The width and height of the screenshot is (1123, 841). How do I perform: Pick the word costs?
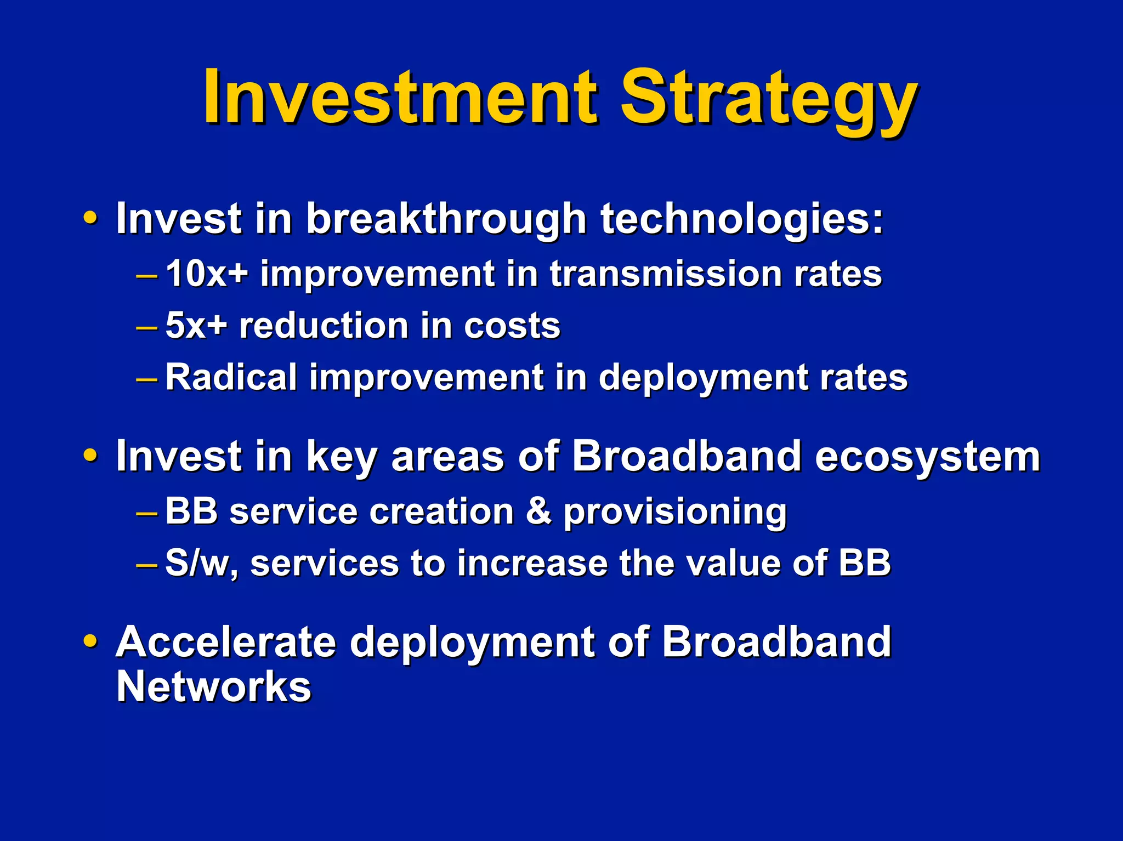[512, 326]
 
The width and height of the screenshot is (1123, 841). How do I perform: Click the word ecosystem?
[927, 457]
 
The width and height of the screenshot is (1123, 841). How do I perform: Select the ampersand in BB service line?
[539, 511]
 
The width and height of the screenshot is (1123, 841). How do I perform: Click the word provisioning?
[675, 513]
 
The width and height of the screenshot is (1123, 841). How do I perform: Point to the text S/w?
[201, 564]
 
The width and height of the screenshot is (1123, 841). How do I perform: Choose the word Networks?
[214, 686]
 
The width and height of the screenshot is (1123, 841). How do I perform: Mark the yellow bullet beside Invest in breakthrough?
[90, 218]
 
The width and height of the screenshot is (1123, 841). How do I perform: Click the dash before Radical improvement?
[146, 379]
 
